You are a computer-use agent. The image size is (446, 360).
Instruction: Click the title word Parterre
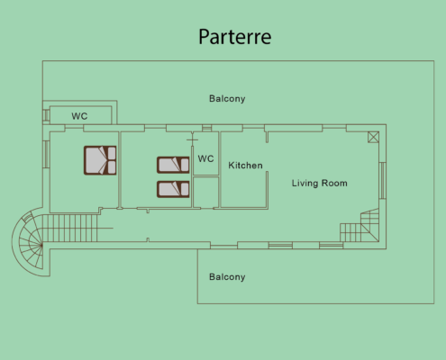(x=235, y=37)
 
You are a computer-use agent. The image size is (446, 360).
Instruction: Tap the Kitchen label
(x=245, y=166)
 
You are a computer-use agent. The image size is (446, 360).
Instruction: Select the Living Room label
(x=320, y=184)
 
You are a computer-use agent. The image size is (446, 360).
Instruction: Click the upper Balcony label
(x=227, y=99)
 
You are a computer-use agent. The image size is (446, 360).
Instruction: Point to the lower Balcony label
(x=227, y=277)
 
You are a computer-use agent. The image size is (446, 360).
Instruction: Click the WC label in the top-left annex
(x=79, y=116)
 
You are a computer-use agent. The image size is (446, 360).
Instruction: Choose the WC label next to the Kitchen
(x=205, y=158)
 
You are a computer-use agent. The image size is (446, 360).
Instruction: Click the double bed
(x=100, y=160)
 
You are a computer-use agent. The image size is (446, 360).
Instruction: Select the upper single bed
(x=173, y=165)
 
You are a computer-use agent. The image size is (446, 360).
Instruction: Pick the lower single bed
(x=173, y=189)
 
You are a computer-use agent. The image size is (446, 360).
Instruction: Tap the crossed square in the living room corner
(x=373, y=138)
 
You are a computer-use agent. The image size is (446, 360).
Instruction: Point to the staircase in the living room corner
(x=360, y=226)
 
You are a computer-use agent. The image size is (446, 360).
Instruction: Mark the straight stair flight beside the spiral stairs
(x=70, y=228)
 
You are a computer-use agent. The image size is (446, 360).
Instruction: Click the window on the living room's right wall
(x=382, y=181)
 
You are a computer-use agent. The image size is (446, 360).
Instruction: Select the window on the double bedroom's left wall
(x=46, y=154)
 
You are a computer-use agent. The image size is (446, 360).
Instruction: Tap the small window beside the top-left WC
(x=46, y=114)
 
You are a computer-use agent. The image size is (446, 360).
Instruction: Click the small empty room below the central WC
(x=205, y=192)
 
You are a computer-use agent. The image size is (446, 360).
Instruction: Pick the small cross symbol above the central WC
(x=192, y=139)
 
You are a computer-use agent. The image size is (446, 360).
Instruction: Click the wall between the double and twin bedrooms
(x=120, y=170)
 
